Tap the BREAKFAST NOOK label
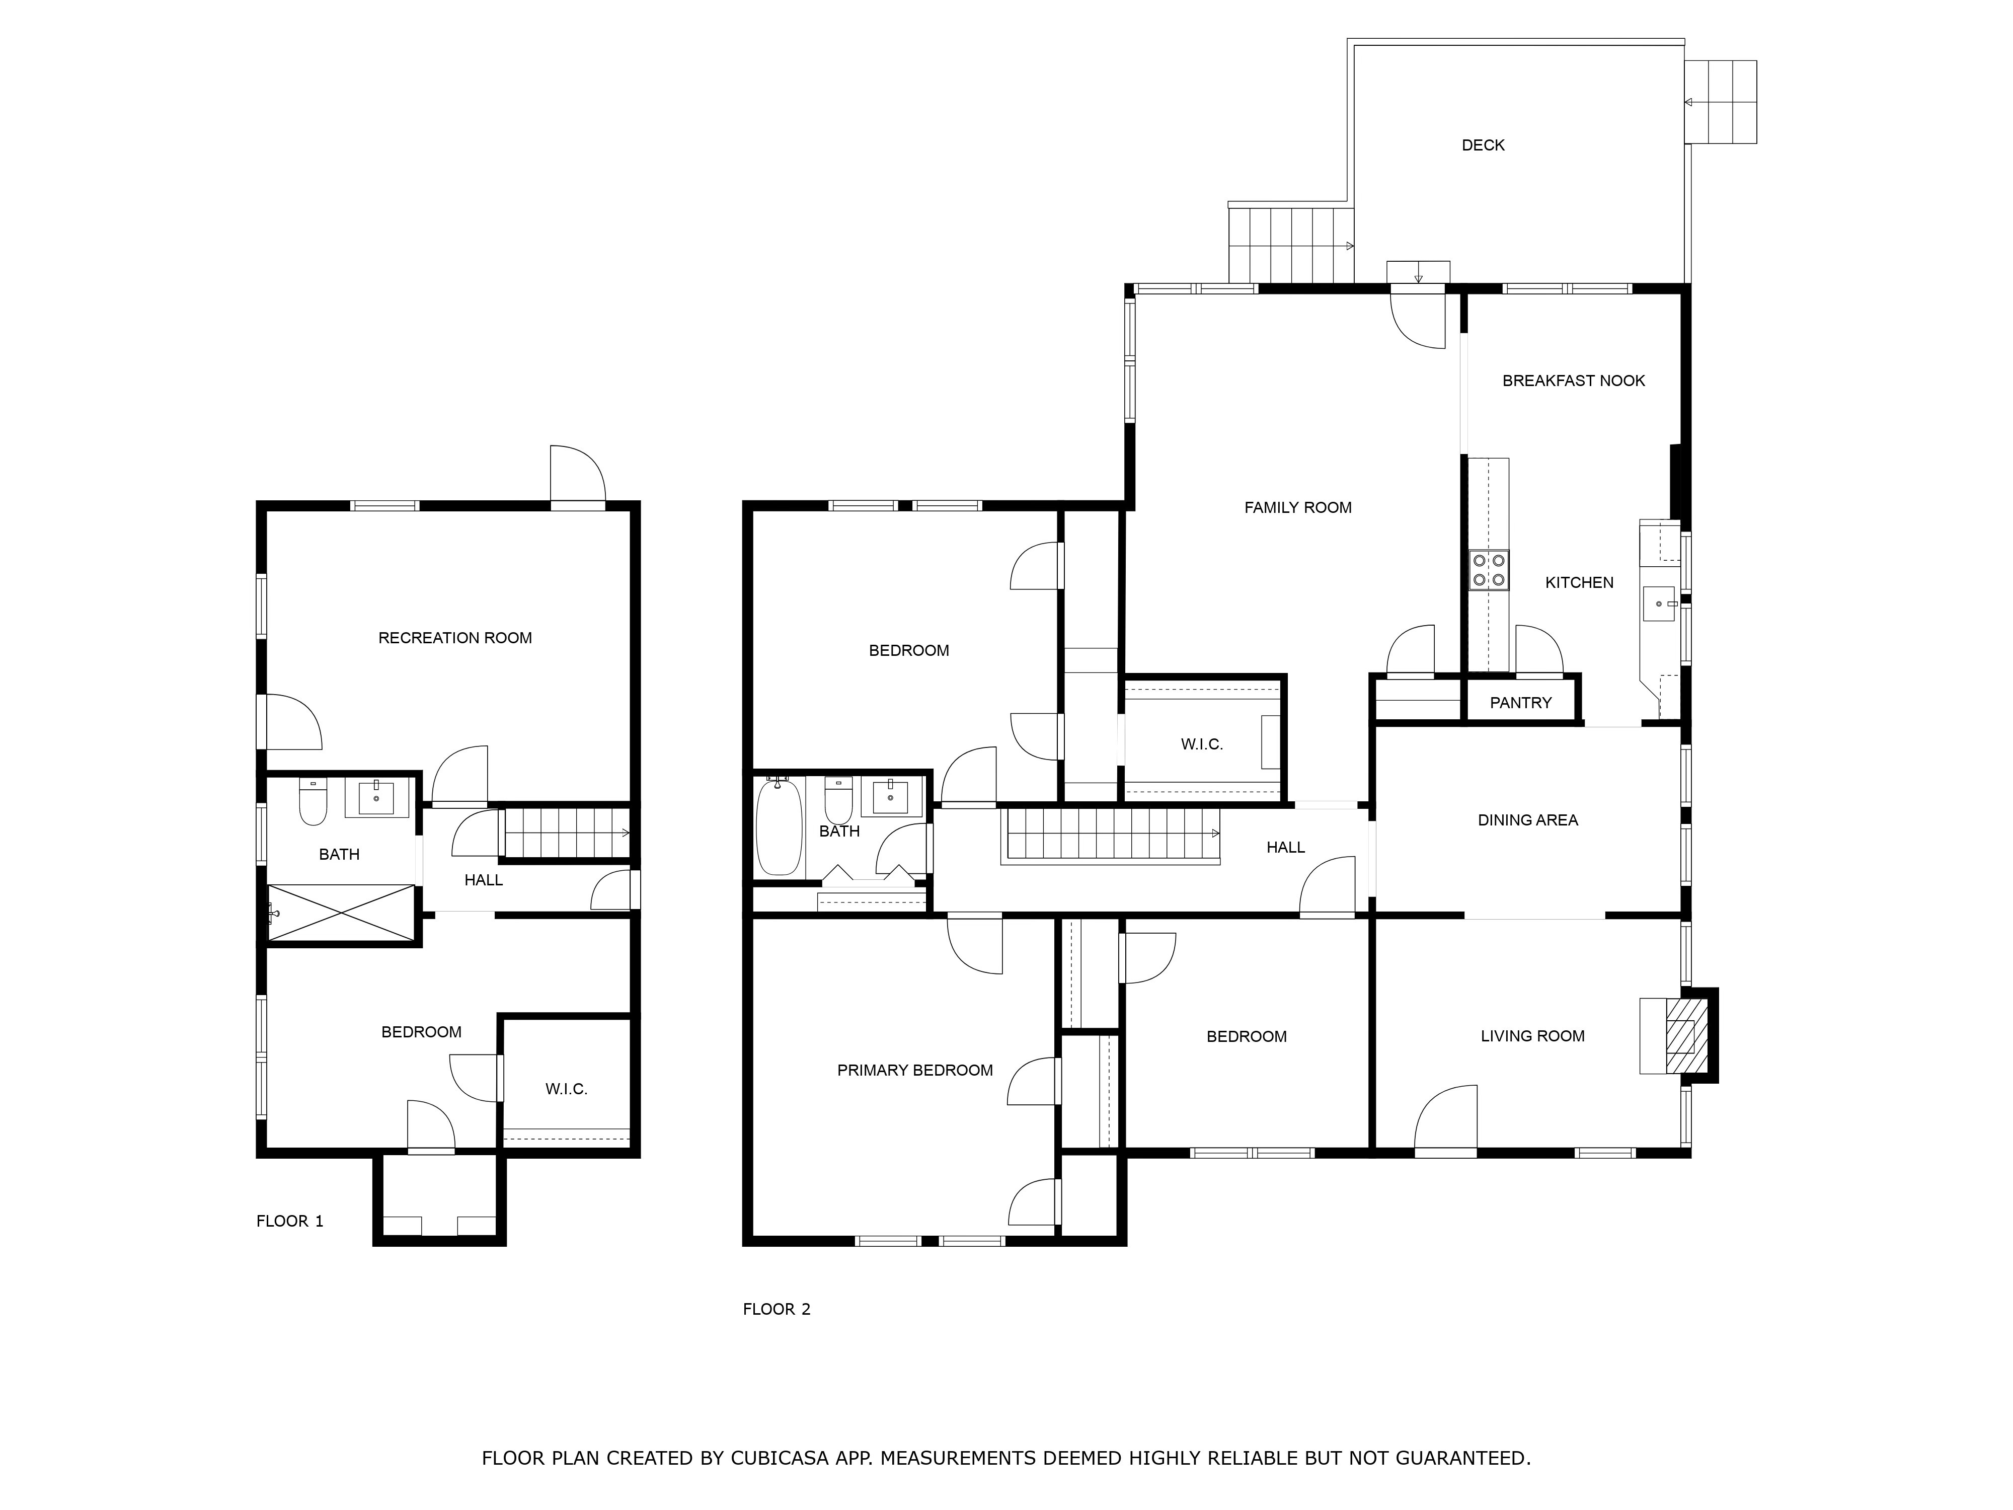(1574, 381)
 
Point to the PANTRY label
(1521, 703)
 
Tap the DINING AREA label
(1528, 820)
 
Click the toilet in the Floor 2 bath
(838, 800)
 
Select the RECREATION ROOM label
(455, 638)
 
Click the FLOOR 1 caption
(289, 1222)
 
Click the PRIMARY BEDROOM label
(914, 1071)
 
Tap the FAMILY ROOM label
(1298, 508)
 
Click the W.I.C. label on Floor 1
(566, 1089)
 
